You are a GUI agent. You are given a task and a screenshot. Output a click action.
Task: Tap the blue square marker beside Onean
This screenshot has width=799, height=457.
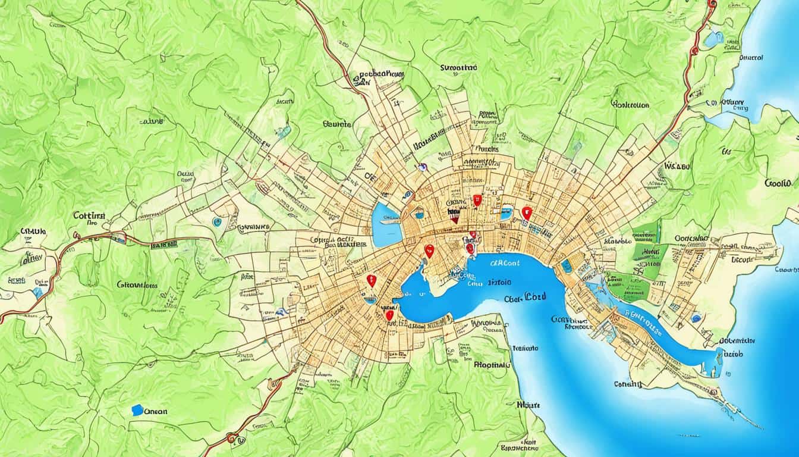[137, 410]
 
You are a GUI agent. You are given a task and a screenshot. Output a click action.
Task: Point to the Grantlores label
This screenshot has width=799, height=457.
[137, 285]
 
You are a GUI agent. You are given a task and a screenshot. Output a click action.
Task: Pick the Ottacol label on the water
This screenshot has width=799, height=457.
[750, 58]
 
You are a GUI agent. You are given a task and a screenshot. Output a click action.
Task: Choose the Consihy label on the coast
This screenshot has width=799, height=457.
[628, 384]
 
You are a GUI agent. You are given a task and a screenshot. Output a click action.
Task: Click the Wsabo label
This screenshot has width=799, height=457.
[677, 166]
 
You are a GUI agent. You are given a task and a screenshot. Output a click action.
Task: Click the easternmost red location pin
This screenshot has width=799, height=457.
[526, 212]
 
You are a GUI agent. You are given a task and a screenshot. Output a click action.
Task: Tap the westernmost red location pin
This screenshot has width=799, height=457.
[372, 280]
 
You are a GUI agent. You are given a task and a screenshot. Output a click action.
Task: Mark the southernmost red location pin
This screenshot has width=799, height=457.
[389, 315]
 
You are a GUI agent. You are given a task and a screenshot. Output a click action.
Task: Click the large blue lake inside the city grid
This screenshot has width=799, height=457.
[385, 225]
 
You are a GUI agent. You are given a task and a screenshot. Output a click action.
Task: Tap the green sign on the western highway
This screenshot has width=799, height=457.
[163, 244]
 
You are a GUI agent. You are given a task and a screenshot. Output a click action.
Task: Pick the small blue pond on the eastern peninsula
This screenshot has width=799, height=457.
[696, 318]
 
